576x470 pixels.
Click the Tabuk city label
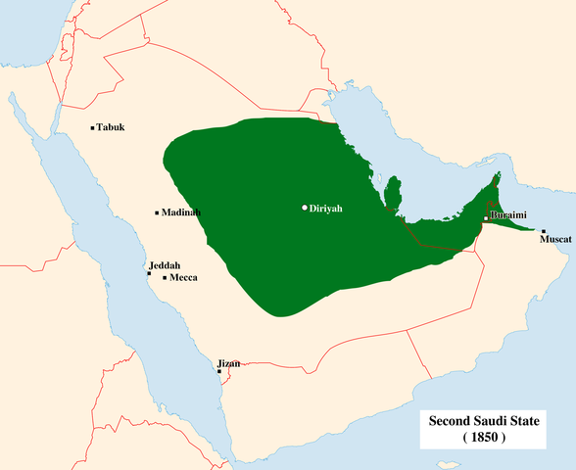(111, 128)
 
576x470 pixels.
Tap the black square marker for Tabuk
(91, 128)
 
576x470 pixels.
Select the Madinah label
(181, 212)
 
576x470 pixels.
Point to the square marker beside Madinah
(157, 212)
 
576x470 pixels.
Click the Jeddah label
(165, 265)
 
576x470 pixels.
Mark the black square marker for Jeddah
(149, 274)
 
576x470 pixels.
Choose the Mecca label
(183, 278)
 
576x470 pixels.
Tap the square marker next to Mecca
(165, 278)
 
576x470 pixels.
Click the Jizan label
(228, 364)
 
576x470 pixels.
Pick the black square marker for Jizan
(219, 372)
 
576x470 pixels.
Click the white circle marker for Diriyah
(305, 208)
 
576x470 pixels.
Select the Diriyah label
(327, 208)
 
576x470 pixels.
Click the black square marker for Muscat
(544, 231)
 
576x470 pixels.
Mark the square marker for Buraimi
(486, 220)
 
